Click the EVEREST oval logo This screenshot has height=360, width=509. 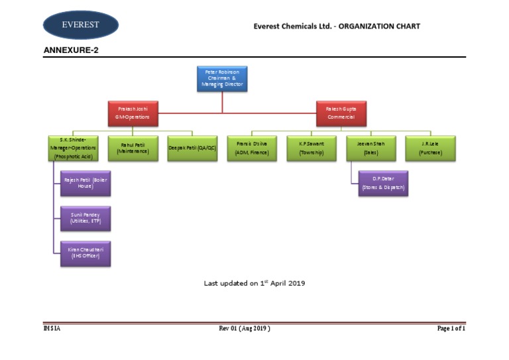pos(81,25)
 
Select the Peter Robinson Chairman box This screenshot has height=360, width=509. pos(222,78)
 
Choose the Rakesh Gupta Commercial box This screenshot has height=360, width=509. pos(341,112)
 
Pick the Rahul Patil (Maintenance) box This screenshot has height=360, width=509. pos(133,148)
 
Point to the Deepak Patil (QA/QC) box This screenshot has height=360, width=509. pos(192,148)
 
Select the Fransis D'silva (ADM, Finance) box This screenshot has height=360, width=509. pos(252,148)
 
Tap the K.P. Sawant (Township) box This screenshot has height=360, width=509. pos(311,148)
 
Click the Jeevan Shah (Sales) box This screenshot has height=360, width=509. pos(370,148)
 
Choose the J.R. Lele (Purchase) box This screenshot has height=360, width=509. pos(429,148)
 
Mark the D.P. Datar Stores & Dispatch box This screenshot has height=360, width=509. pos(383,183)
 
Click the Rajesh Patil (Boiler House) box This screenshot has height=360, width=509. pos(85,183)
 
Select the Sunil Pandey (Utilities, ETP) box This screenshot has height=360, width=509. pos(85,218)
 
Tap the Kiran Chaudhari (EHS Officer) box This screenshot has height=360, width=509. pos(85,253)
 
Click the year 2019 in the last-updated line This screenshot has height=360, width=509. pos(296,283)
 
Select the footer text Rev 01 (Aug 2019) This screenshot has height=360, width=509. pos(245,328)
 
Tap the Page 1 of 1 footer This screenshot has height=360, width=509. pos(451,328)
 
